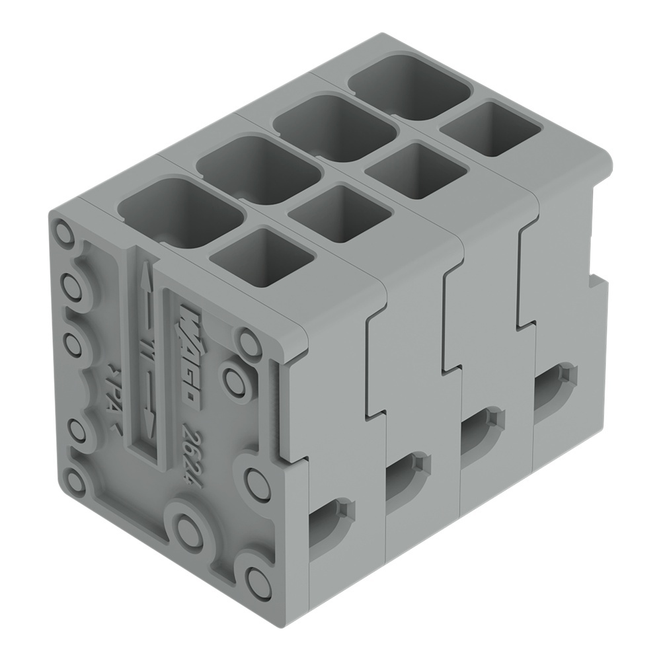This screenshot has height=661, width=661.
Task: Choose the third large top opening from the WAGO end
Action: pyautogui.click(x=334, y=128)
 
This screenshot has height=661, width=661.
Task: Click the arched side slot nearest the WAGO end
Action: pyautogui.click(x=330, y=522)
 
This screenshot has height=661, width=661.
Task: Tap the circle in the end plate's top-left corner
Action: pyautogui.click(x=64, y=233)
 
